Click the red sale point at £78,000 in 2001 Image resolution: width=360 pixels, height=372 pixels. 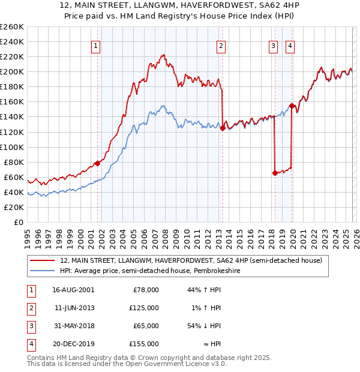(x=97, y=163)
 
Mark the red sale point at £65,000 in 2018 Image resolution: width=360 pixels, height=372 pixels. (x=275, y=173)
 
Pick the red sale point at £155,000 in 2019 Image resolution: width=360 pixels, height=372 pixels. (x=292, y=106)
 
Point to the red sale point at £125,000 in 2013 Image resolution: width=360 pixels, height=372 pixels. (x=223, y=128)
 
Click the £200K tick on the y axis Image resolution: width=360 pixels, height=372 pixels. (x=12, y=71)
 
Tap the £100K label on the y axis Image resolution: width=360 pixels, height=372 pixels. (x=12, y=147)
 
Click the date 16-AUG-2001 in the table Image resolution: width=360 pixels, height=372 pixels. (x=73, y=290)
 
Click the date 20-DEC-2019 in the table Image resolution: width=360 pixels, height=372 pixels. (x=73, y=344)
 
